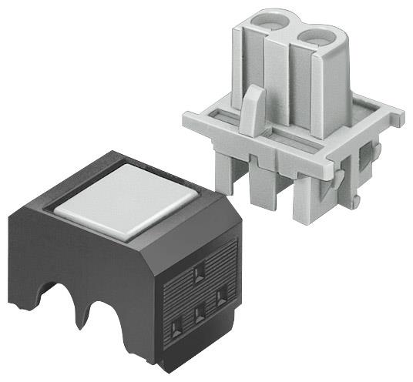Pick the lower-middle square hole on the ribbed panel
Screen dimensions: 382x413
(200, 313)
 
